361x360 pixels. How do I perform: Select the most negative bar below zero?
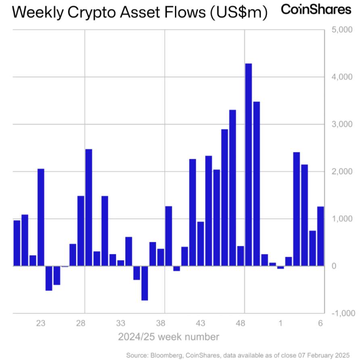144,283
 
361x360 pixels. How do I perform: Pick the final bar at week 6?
321,236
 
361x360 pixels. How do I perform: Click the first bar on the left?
17,243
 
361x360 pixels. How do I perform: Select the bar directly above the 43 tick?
200,243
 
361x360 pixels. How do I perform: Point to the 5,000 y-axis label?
342,30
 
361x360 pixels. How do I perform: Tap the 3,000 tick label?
342,124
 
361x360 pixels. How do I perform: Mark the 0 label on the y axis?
334,266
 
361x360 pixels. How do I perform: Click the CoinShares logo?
316,10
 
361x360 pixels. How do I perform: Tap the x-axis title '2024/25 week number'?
169,337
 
